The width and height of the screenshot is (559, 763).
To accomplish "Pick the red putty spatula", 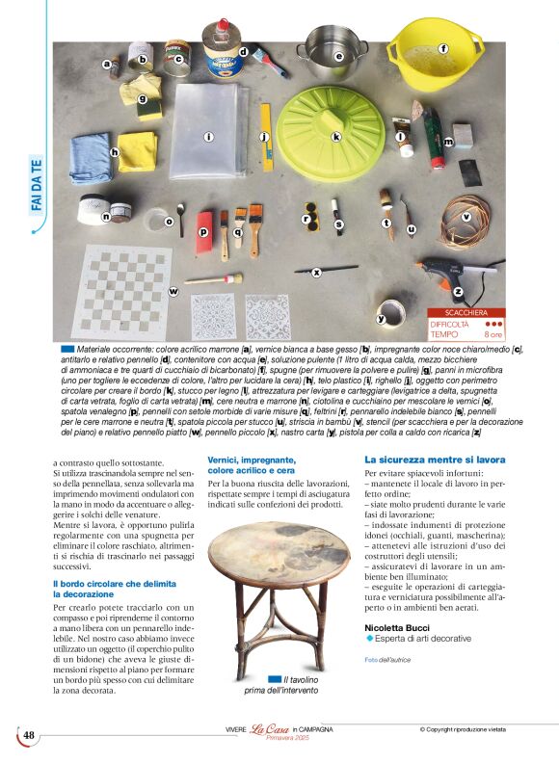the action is (204, 232).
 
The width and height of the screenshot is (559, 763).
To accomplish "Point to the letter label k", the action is (336, 138).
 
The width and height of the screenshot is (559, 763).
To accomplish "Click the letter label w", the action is (173, 291).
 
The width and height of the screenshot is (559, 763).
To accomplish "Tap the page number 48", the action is (29, 736).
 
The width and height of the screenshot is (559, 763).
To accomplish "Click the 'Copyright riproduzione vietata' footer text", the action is (475, 729).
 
